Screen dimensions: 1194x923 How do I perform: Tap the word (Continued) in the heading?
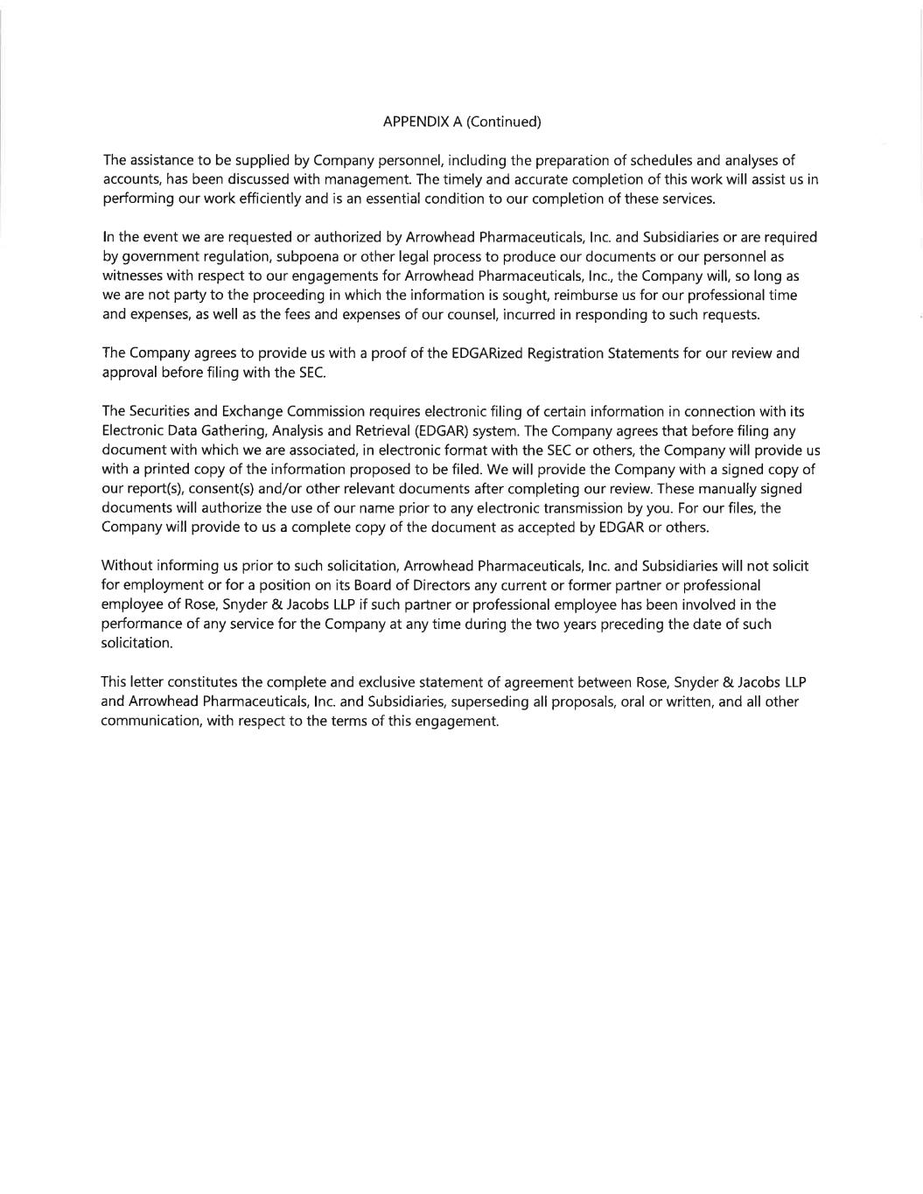pyautogui.click(x=503, y=122)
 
